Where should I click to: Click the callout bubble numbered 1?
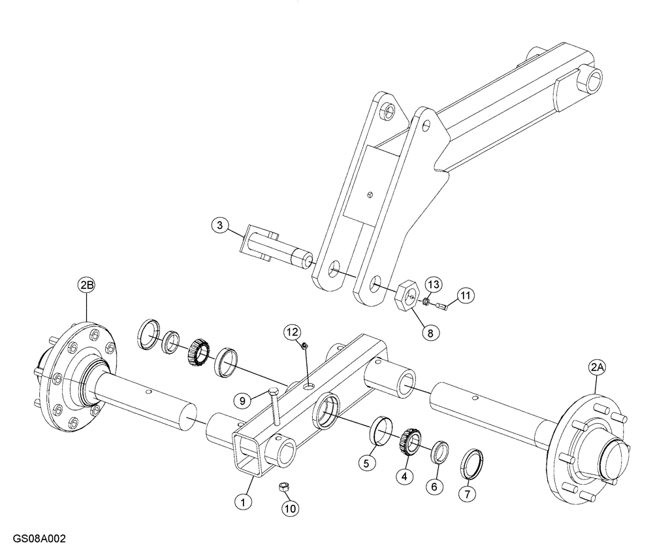coord(243,502)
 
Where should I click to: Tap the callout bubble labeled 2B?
coord(86,285)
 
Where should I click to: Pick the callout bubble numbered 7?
coord(466,494)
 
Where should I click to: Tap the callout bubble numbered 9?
coord(242,398)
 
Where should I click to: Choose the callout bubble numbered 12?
coord(291,333)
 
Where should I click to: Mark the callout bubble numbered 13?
coord(434,284)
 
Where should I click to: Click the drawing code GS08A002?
coord(39,540)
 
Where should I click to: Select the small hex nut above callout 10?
coord(283,485)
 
